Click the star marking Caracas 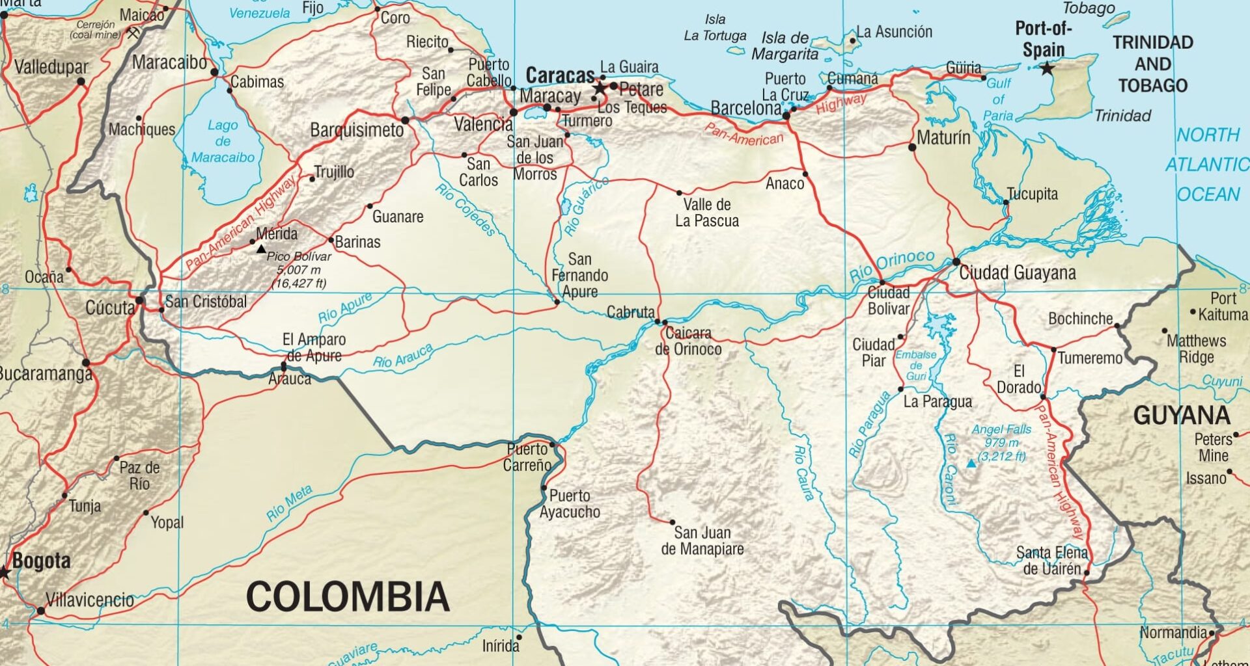click(600, 87)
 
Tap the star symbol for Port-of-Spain click(1046, 68)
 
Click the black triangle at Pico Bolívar click(260, 249)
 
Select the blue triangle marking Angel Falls click(971, 464)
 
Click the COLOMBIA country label click(348, 596)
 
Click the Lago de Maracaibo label click(223, 141)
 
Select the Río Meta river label click(290, 503)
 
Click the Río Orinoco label click(891, 265)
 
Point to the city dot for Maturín click(912, 148)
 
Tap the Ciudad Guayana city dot click(956, 262)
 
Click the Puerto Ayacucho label click(570, 503)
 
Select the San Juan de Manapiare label click(702, 540)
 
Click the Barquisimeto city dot click(405, 120)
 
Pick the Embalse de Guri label click(915, 366)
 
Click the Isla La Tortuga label click(715, 28)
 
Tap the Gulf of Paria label click(998, 100)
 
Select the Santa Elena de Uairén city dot click(1086, 572)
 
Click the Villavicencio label click(90, 600)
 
